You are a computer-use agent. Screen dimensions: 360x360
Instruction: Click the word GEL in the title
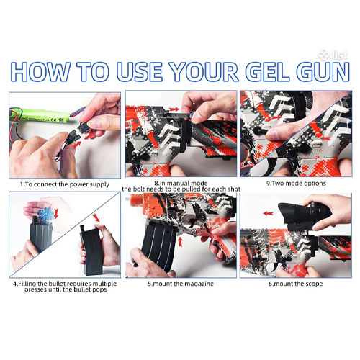[267, 71]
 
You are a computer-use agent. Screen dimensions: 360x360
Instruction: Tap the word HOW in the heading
[40, 71]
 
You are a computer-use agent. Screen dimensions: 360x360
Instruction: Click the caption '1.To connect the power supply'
[65, 184]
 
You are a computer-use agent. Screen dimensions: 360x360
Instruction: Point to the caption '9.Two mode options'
[296, 184]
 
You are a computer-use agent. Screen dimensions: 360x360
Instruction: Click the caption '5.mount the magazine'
[181, 284]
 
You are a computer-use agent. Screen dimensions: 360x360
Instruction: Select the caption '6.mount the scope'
[295, 284]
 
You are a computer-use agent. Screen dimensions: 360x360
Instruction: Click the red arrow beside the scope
[269, 213]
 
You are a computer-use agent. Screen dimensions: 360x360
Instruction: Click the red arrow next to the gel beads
[56, 213]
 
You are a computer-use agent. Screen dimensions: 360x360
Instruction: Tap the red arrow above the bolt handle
[174, 109]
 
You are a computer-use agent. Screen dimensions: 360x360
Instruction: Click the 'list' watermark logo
[333, 55]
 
